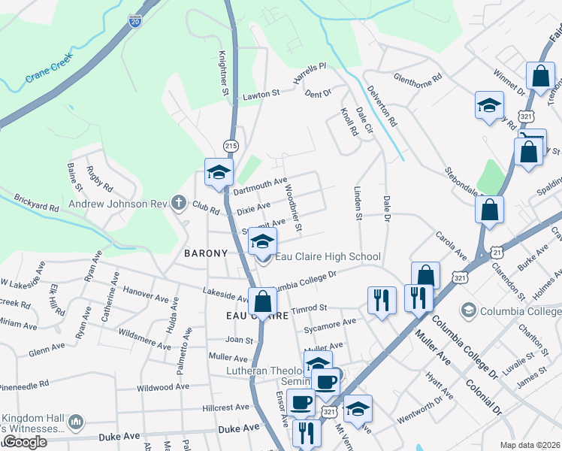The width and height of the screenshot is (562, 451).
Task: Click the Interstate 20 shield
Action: [135, 22]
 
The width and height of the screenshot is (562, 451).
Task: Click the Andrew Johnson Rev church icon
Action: [177, 202]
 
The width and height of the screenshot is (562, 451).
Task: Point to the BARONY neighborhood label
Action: [205, 253]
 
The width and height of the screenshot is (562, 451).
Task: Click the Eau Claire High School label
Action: [328, 257]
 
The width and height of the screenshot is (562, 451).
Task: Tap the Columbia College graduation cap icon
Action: [469, 310]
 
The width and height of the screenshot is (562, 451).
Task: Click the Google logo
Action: [25, 441]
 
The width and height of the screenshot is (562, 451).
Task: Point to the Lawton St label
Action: [260, 95]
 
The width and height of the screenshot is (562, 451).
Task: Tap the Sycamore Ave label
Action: [329, 325]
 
